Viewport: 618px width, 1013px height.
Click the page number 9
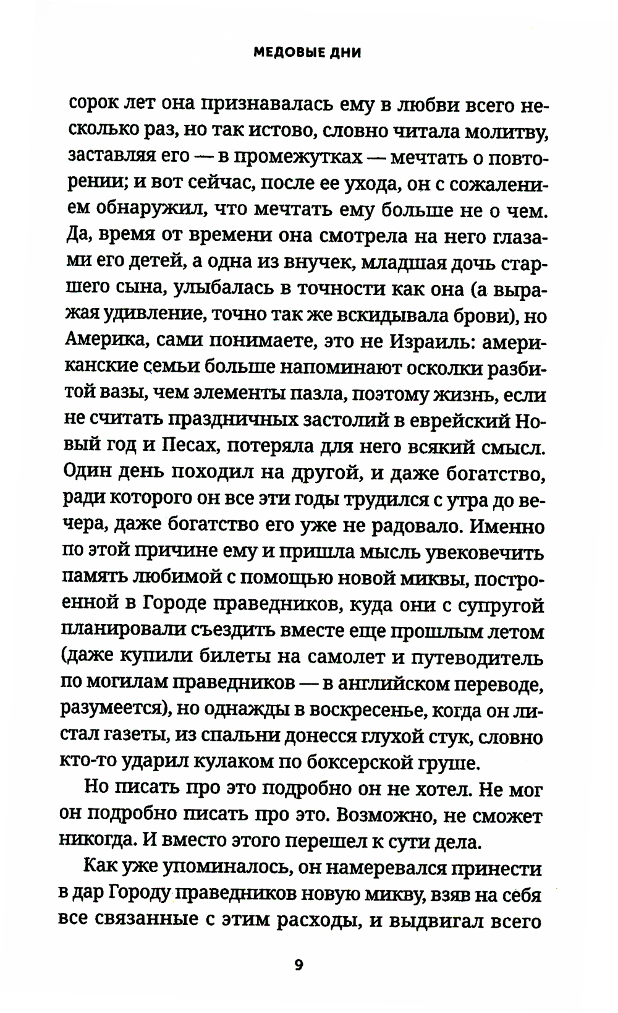[x=298, y=965]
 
